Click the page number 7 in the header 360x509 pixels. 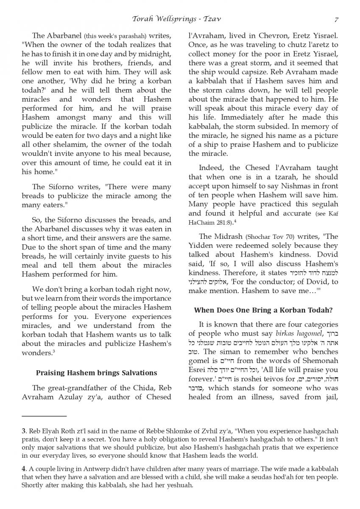336,20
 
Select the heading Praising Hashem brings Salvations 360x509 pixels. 96,373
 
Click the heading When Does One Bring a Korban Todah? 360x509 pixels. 263,310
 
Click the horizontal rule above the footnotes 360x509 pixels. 44,416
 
